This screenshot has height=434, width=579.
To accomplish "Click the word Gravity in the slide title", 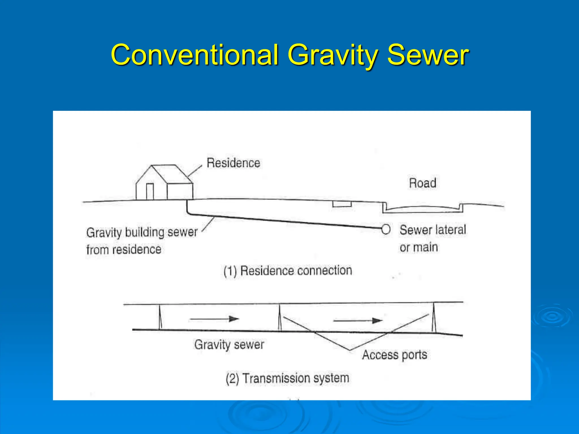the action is tap(333, 55).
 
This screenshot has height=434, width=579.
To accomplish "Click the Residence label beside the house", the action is tap(233, 163).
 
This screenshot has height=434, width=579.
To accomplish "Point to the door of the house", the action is tap(150, 191).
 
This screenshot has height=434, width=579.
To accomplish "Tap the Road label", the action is tap(422, 183).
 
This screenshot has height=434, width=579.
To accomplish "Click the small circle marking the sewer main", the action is tap(386, 229).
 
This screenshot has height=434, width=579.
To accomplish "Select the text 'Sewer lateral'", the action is tap(433, 229).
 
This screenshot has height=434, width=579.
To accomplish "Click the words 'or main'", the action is tap(418, 248).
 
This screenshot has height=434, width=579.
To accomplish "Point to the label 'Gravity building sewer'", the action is tap(142, 232).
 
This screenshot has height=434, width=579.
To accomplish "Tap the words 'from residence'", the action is tap(124, 250).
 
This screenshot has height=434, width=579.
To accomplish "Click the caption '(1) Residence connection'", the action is tap(288, 271).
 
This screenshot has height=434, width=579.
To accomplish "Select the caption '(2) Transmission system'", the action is tap(287, 378).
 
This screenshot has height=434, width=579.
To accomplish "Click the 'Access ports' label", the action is tap(394, 355).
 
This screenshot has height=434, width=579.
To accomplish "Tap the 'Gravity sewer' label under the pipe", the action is tap(229, 345).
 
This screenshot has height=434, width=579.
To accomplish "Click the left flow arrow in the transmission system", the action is tap(214, 319).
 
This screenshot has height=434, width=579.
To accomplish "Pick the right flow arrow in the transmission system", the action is tap(358, 321).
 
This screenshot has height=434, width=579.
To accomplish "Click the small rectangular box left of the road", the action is tap(342, 204).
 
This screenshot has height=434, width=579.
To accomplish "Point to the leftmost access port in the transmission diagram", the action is tap(160, 317).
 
